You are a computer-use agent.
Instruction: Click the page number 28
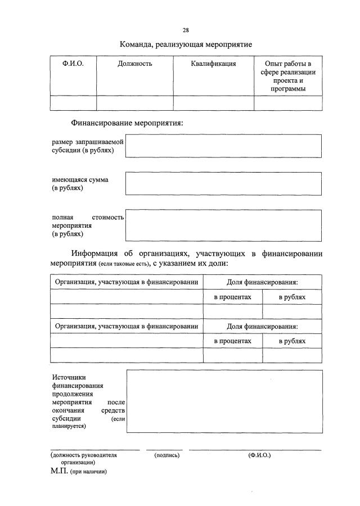click(186, 30)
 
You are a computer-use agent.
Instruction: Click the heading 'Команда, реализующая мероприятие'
click(186, 43)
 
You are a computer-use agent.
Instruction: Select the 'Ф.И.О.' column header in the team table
click(73, 64)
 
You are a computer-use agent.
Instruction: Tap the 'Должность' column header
click(135, 64)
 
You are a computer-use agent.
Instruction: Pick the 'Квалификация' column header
click(214, 64)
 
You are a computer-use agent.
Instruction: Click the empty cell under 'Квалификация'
click(214, 103)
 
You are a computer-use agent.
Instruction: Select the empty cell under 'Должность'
click(135, 103)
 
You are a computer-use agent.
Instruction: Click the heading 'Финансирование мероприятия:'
click(127, 123)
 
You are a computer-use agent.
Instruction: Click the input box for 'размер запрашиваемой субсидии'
click(223, 146)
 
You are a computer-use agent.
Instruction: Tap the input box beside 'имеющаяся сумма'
click(223, 184)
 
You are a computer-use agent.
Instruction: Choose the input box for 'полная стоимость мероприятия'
click(223, 225)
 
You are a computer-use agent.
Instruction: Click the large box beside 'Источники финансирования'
click(224, 401)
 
